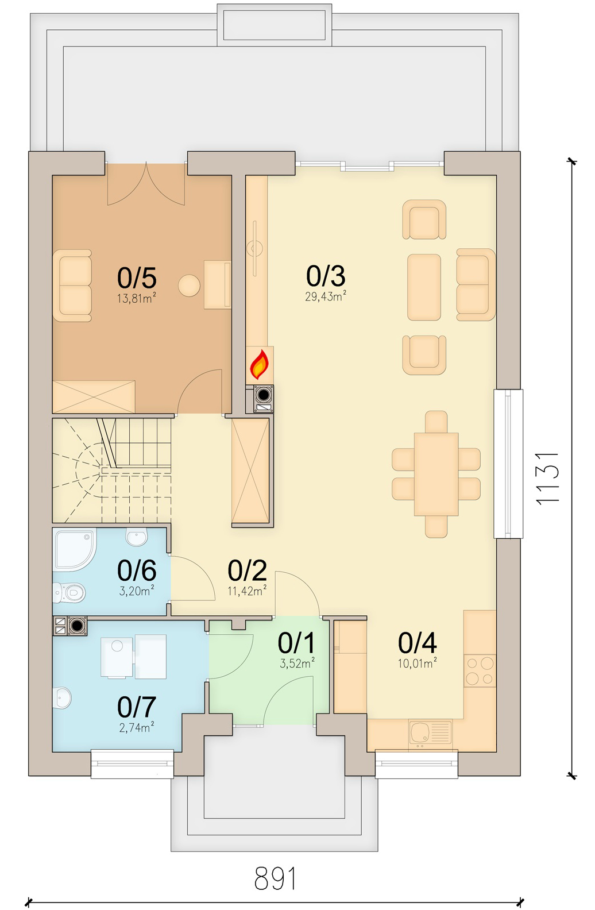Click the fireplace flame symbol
[259, 364]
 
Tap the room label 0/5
[137, 278]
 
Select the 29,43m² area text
[326, 296]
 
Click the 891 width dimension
[275, 878]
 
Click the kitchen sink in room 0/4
[430, 732]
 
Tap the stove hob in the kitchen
[480, 670]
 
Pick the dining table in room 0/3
[436, 474]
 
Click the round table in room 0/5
[189, 286]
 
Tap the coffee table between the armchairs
[424, 287]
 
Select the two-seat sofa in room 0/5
[72, 286]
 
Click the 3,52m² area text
[297, 664]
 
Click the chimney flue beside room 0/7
[77, 626]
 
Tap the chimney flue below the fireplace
[264, 395]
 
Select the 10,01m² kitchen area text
[417, 664]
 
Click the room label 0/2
[248, 570]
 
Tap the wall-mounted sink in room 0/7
[61, 698]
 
